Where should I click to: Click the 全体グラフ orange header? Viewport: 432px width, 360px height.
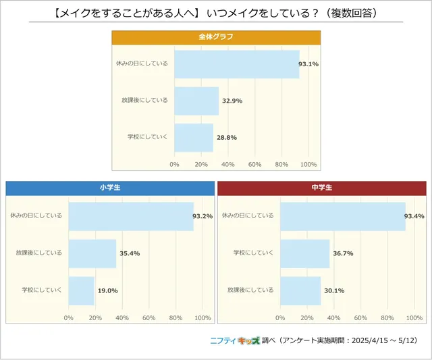[215, 37]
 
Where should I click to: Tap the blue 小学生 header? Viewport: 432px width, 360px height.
[109, 188]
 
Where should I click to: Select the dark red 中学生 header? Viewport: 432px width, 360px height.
[321, 188]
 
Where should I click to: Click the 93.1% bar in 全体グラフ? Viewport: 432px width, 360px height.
[236, 64]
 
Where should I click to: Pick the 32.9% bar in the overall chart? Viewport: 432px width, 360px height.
[196, 101]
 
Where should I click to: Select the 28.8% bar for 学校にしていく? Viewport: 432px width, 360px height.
[194, 137]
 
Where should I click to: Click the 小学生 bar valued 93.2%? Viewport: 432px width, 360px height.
[131, 216]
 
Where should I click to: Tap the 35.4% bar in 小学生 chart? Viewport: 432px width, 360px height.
[92, 253]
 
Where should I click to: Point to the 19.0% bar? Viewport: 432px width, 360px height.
[82, 290]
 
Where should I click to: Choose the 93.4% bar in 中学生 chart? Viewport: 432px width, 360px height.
[343, 216]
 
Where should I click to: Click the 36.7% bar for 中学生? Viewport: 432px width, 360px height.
[305, 253]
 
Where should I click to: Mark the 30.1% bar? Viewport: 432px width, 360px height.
[300, 290]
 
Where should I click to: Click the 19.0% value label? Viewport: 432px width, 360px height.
[107, 290]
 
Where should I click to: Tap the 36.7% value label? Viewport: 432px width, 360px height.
[343, 253]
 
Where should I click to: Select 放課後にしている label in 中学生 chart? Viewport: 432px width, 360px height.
[250, 290]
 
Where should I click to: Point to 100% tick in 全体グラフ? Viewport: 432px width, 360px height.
[308, 164]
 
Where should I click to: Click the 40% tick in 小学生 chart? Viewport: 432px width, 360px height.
[122, 317]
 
